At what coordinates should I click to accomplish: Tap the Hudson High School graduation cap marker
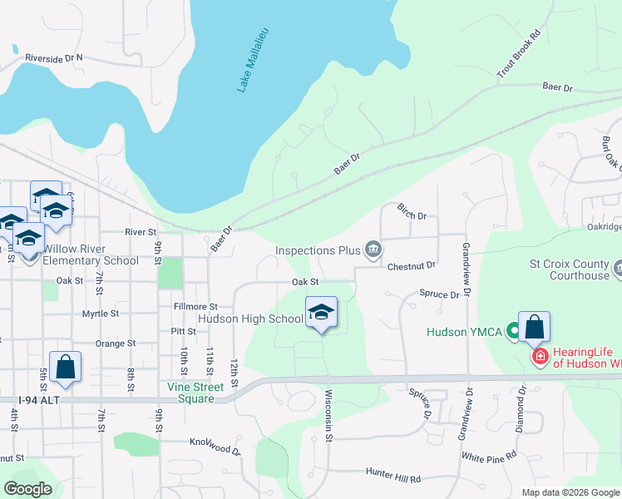coord(322,314)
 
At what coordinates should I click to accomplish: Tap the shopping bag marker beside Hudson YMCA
coord(534,328)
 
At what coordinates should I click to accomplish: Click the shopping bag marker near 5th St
coord(65,368)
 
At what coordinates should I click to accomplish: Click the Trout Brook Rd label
coord(519,56)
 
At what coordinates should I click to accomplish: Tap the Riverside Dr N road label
coord(54,58)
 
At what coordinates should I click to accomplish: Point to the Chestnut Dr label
coord(412,266)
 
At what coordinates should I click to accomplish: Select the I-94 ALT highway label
coord(24,401)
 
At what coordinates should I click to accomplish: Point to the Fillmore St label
coord(195,307)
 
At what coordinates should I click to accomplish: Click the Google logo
coord(27,489)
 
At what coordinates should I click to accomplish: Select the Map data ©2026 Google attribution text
coord(570,492)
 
